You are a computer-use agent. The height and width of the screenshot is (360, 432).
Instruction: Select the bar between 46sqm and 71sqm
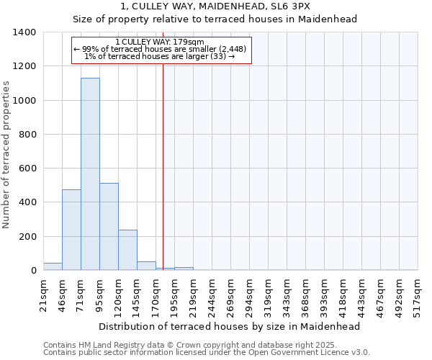tap(71, 230)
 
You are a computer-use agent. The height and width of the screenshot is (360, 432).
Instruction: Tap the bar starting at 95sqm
tap(109, 227)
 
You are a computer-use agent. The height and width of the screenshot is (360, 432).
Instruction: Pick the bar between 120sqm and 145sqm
tap(127, 250)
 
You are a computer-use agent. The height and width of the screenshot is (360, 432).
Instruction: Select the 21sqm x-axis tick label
tap(43, 296)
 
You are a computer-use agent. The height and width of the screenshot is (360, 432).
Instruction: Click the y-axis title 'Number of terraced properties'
tap(6, 155)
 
